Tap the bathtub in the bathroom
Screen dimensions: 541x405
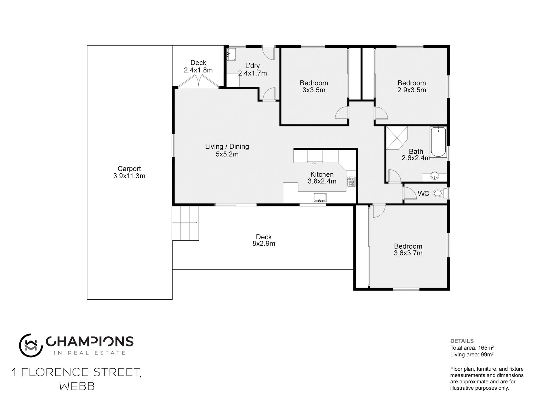click(x=438, y=142)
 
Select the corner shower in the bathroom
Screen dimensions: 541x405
click(x=397, y=138)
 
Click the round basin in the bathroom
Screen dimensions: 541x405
click(x=435, y=176)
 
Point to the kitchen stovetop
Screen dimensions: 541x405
click(x=351, y=181)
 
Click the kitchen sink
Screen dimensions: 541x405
click(x=320, y=197)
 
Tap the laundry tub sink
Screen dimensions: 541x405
click(x=231, y=54)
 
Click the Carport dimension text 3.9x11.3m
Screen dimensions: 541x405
click(x=129, y=176)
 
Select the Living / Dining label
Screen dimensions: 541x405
click(x=227, y=146)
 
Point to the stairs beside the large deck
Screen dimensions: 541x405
click(x=185, y=223)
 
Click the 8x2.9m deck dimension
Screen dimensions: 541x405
click(x=264, y=244)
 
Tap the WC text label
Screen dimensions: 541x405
click(x=423, y=194)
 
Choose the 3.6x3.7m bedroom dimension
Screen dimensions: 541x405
click(x=408, y=253)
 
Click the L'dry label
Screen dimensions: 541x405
click(x=253, y=66)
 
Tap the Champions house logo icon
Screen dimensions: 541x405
click(x=31, y=346)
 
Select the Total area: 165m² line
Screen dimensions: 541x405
click(x=472, y=348)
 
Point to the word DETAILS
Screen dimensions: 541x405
click(x=462, y=341)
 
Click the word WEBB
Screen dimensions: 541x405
click(x=77, y=387)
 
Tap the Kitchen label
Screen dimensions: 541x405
click(x=322, y=174)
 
